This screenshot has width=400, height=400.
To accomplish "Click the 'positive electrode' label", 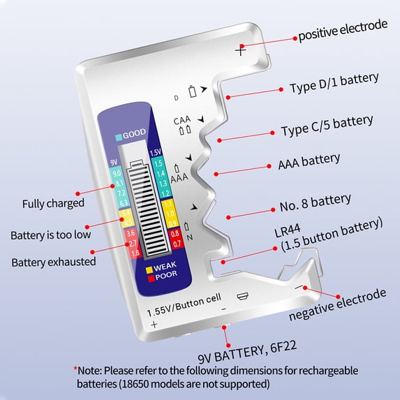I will [x=343, y=25].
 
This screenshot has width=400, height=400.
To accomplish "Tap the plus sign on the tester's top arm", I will [x=242, y=50].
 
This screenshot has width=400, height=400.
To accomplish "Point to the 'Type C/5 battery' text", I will [x=327, y=126].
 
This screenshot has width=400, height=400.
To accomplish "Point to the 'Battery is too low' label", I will [x=50, y=234].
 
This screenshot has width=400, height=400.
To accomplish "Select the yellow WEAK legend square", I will [x=149, y=266].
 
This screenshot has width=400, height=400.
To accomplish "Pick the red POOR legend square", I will [x=149, y=275].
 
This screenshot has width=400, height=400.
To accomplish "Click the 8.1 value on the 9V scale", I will [x=116, y=182].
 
